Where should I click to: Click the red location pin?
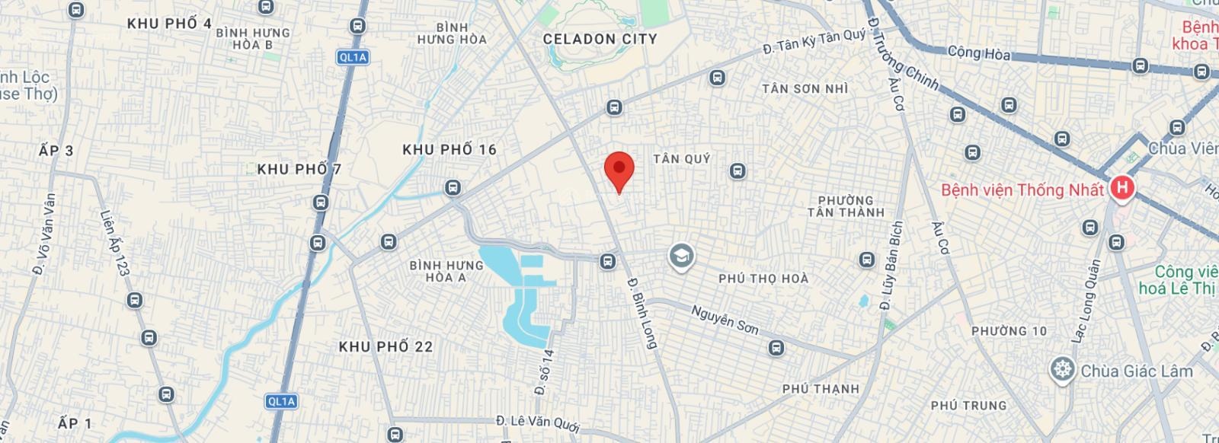click(619, 170)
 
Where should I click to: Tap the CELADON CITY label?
click(600, 39)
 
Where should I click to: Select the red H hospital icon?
click(1121, 189)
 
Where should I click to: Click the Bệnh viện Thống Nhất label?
click(1022, 190)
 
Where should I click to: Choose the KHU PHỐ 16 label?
click(450, 150)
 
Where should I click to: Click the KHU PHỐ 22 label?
click(386, 347)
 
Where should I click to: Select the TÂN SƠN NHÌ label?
click(805, 89)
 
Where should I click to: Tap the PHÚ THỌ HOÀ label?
click(763, 279)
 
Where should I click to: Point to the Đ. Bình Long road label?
click(641, 312)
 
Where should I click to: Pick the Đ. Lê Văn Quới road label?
click(539, 420)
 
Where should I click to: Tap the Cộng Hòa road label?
click(979, 53)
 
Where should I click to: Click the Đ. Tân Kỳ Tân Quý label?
click(814, 41)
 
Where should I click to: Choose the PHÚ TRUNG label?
click(968, 406)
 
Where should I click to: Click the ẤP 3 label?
click(56, 151)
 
